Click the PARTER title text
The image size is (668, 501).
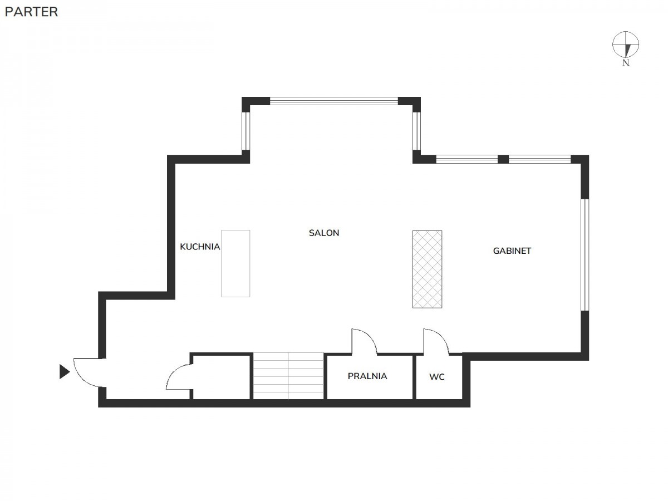tap(31, 12)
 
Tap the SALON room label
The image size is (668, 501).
tap(324, 233)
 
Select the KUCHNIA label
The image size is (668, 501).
tap(200, 247)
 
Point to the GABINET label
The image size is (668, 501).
tap(512, 251)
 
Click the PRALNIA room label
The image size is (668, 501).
tap(367, 376)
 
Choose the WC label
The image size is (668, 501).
tap(437, 377)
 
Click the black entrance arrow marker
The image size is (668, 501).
tap(64, 371)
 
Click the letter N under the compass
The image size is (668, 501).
tap(626, 63)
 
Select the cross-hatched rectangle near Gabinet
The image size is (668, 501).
tap(428, 269)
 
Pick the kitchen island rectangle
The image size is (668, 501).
tap(235, 263)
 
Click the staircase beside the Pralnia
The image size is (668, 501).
tap(288, 376)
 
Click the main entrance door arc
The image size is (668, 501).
tap(80, 379)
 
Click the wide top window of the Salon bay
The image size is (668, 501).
tap(334, 101)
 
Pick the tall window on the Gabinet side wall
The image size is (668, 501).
tap(584, 254)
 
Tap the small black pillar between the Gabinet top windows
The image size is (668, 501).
tap(503, 159)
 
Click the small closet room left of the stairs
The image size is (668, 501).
tap(222, 377)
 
